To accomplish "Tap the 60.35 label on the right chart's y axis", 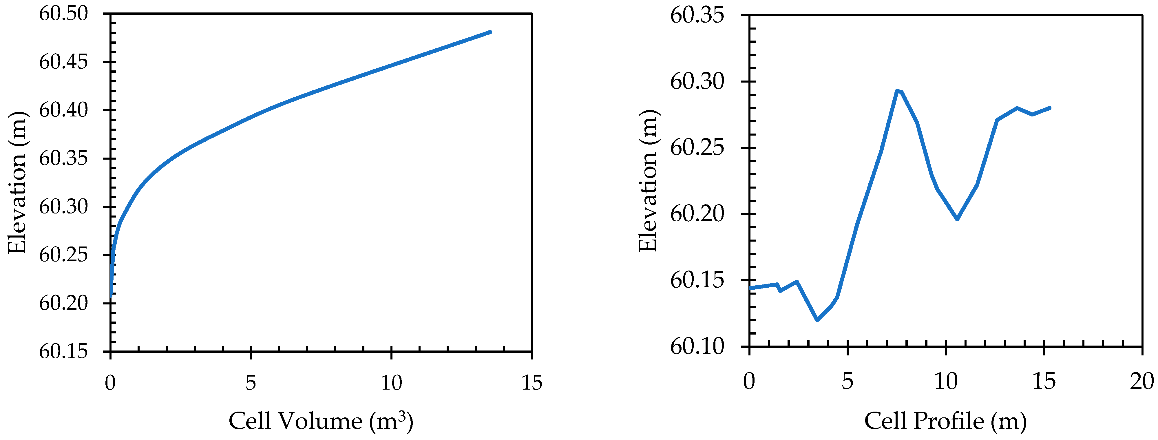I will point(697,16).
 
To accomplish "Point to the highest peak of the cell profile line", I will point(897,91).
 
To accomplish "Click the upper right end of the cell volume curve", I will point(490,32).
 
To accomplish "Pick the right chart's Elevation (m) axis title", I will point(649,181).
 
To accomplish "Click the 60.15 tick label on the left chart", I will point(63,351).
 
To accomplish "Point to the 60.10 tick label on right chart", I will point(697,346).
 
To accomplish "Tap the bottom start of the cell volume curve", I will point(111,296).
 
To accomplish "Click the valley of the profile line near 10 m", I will point(957,219).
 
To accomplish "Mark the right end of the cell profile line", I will point(1050,108).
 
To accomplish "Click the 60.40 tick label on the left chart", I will point(63,110).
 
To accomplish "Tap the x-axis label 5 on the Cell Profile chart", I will point(847,381).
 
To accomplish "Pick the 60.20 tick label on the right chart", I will point(697,214).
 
